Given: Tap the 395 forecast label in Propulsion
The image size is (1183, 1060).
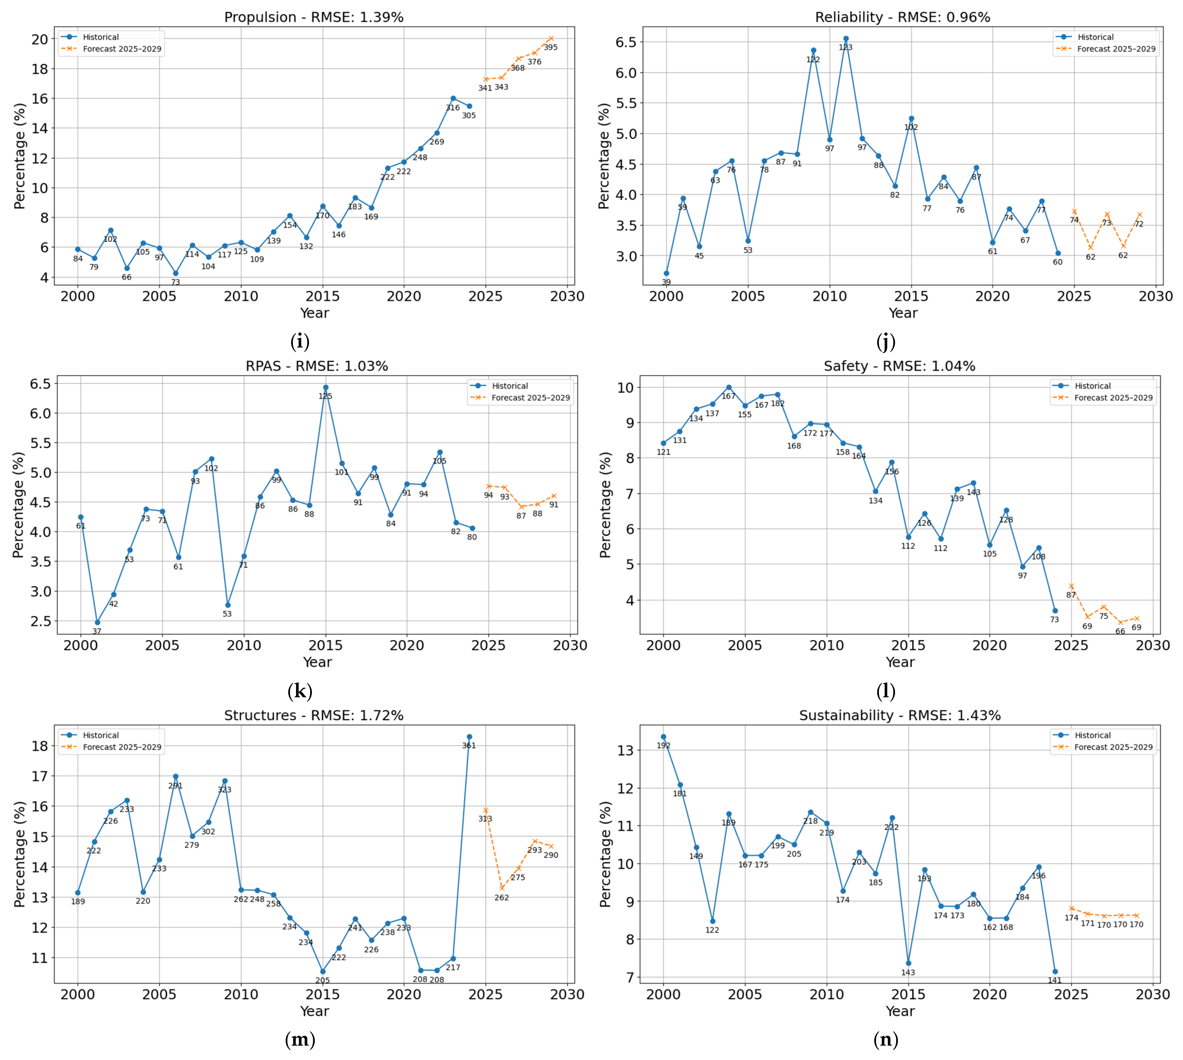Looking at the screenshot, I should click(x=550, y=47).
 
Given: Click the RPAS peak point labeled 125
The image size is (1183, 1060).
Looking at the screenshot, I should click(x=326, y=387).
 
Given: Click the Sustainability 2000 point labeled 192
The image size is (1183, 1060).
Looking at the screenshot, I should click(x=663, y=737).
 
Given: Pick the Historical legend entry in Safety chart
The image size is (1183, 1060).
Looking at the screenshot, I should click(x=1092, y=385).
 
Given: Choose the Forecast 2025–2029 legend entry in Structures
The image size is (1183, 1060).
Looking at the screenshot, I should click(x=122, y=747).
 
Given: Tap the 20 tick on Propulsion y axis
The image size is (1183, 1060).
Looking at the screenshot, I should click(x=40, y=39).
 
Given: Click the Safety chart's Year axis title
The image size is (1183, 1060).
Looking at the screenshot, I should click(x=900, y=662).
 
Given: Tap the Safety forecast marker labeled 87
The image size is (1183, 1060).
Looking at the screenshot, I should click(x=1071, y=586).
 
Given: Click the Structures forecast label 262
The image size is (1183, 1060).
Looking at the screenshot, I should click(x=502, y=898).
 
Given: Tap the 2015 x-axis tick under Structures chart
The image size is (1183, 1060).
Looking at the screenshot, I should click(x=323, y=994).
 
